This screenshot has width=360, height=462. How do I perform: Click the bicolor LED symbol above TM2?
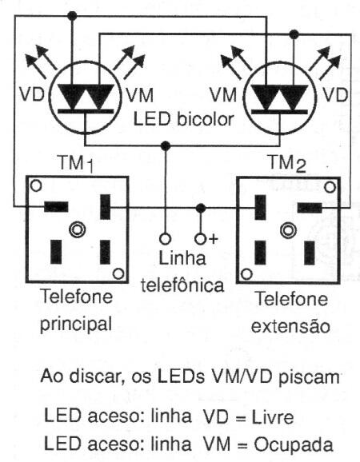(271, 96)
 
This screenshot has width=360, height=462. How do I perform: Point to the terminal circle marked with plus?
(201, 238)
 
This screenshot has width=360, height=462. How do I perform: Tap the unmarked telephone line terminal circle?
(165, 238)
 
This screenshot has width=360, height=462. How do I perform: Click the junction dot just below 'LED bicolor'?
(165, 146)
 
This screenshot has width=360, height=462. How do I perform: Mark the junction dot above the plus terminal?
(201, 208)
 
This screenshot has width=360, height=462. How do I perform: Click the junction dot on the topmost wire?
(73, 15)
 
